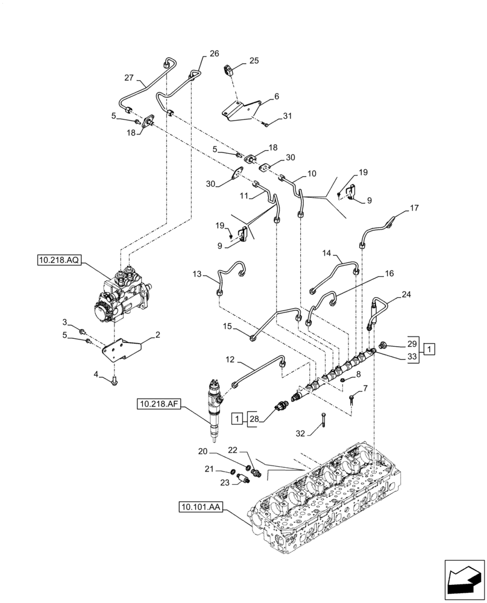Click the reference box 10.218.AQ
tap(59, 260)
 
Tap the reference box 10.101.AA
tap(201, 507)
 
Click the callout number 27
tap(129, 77)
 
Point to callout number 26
tap(215, 53)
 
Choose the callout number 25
tap(254, 61)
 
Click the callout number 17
tap(414, 209)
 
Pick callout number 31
tap(287, 116)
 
